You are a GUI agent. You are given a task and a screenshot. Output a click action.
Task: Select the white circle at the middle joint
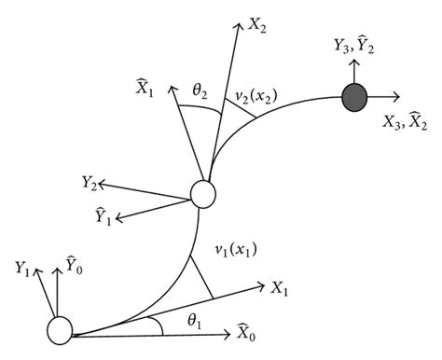click(202, 195)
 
